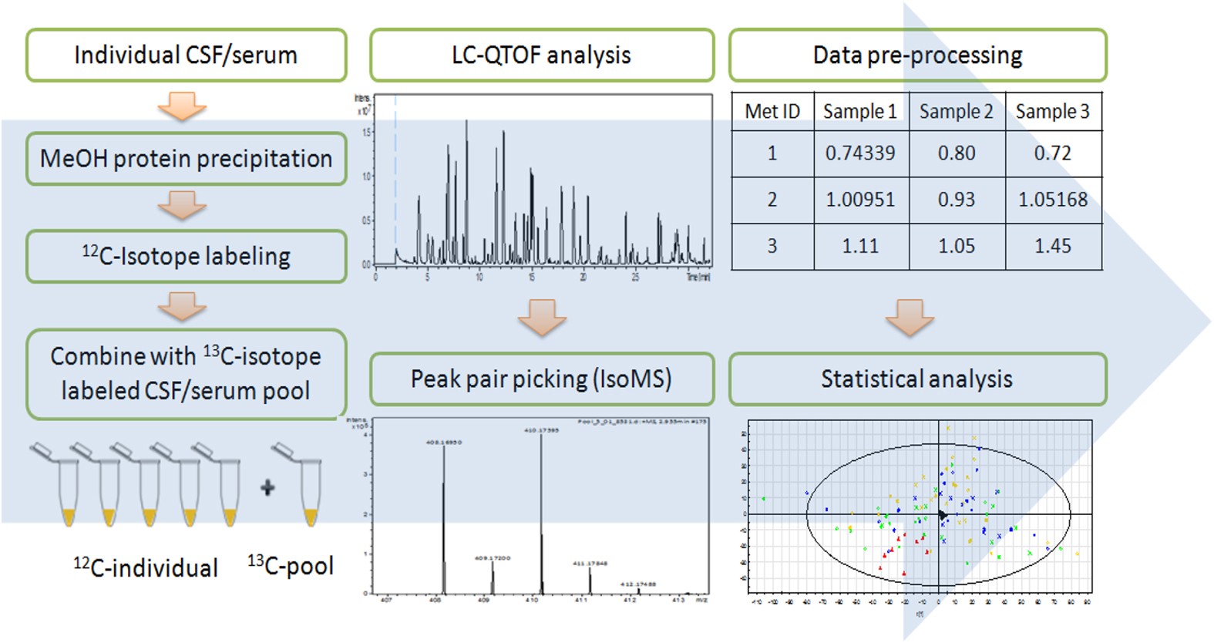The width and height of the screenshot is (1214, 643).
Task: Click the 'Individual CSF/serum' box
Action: (x=186, y=56)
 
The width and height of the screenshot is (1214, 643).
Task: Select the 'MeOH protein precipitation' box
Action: (x=186, y=159)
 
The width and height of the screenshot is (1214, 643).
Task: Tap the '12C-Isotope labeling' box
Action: (x=186, y=257)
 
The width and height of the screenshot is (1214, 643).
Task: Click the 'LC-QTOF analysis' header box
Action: (x=541, y=56)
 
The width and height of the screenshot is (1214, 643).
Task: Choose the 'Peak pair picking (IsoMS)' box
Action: (x=541, y=379)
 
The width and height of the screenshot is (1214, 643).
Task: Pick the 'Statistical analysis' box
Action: (x=917, y=379)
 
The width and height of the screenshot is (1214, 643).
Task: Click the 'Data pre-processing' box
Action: (x=917, y=56)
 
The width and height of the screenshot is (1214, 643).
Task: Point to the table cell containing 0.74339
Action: (x=860, y=153)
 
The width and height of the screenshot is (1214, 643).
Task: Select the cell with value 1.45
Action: (x=1053, y=247)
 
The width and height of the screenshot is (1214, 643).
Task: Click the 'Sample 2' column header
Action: (x=957, y=112)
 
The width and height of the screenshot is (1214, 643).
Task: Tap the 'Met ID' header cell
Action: (x=772, y=112)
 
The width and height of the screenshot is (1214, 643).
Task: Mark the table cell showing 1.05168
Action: (x=1053, y=200)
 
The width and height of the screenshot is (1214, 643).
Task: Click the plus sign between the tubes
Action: (x=267, y=487)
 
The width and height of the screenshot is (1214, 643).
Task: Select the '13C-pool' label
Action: (x=291, y=567)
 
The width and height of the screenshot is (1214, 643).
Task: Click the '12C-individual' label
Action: (x=146, y=568)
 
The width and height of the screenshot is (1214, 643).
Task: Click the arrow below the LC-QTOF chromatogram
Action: (x=542, y=317)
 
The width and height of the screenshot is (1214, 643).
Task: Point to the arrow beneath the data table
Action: (x=910, y=317)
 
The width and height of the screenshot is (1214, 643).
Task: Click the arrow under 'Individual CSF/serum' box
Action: (x=182, y=106)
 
